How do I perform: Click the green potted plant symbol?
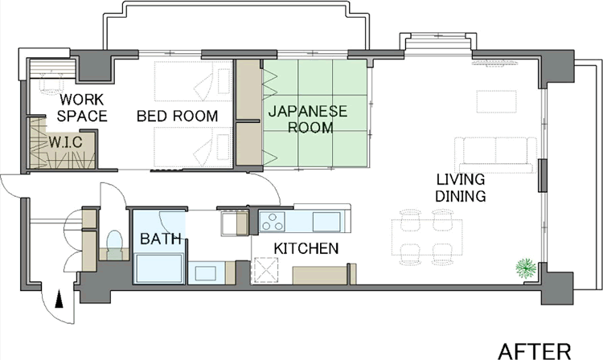click(526, 268)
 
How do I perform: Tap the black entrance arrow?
click(59, 299)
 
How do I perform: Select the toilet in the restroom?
click(114, 245)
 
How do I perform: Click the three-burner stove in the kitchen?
click(273, 221)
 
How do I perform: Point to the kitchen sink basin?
click(326, 222)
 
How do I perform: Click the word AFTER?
click(535, 351)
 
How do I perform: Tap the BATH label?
click(160, 239)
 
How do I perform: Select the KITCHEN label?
click(306, 248)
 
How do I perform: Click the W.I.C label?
click(65, 142)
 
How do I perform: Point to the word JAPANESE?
click(308, 112)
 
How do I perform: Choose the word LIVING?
click(461, 179)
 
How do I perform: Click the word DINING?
click(461, 196)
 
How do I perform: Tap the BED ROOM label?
click(178, 116)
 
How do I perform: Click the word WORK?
click(81, 100)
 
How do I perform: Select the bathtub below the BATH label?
click(159, 268)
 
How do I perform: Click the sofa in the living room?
click(496, 155)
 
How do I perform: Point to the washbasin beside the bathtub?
click(205, 273)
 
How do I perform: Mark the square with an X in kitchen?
click(265, 270)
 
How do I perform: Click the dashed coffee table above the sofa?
click(496, 101)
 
